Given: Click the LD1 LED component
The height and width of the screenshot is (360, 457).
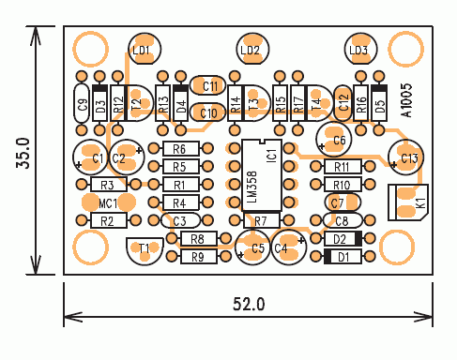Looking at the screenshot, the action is click(145, 49).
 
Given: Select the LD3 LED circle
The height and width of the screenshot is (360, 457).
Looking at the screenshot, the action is click(360, 49).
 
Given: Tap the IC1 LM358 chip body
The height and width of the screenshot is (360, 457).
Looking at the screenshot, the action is click(262, 175).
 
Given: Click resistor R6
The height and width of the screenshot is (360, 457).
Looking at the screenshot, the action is click(181, 149).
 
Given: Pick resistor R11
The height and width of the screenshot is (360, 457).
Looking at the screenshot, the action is click(343, 167).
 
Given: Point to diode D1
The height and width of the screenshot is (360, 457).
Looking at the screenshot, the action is click(343, 257).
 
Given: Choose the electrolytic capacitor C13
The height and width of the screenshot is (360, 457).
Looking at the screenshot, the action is click(405, 157).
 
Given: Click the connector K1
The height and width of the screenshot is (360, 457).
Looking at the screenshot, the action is click(408, 202).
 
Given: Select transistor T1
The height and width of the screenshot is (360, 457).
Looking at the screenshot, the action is click(145, 250).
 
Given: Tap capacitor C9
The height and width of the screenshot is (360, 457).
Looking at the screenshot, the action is click(82, 103).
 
